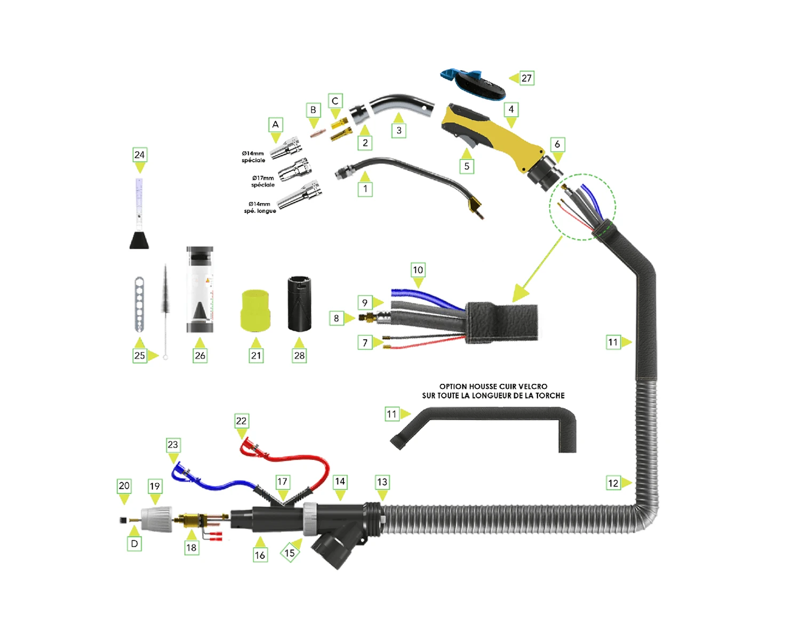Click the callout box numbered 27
[526, 78]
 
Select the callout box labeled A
[275, 125]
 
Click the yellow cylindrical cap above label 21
[255, 311]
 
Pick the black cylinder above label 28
[299, 303]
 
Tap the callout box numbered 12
[613, 483]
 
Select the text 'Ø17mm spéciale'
[263, 181]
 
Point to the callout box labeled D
[134, 544]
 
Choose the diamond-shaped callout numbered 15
[290, 553]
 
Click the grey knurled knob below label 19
[157, 518]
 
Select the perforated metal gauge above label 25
[139, 304]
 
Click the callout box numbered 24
[139, 155]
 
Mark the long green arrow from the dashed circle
[539, 267]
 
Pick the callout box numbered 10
[418, 270]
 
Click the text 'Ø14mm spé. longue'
[260, 207]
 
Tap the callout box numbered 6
[557, 145]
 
